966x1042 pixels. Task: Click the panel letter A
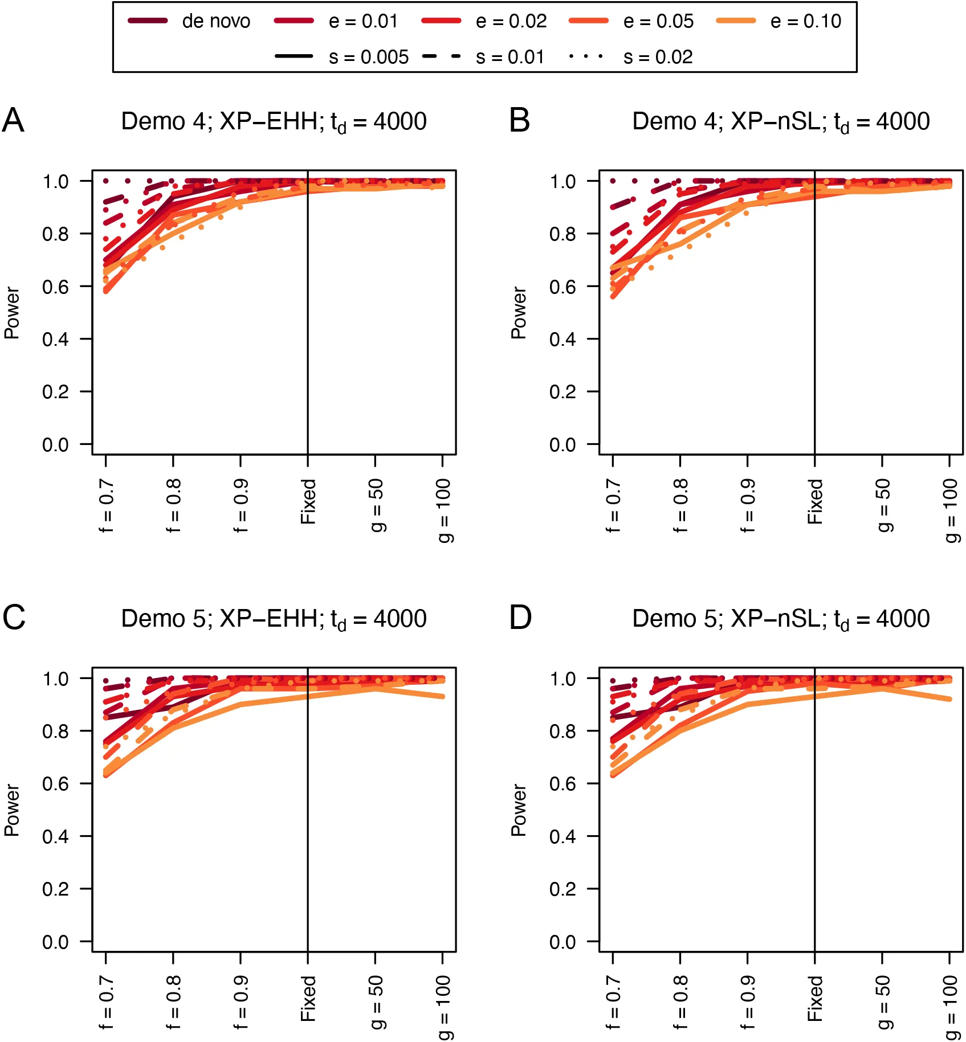(x=13, y=121)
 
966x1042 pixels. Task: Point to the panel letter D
(x=520, y=618)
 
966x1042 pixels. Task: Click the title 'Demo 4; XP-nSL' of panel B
(x=781, y=122)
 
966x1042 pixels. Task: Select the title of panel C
(x=274, y=619)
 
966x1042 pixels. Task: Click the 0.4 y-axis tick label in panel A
(x=55, y=340)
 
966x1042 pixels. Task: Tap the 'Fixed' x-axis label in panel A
(x=308, y=501)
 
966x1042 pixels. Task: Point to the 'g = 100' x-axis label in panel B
(x=949, y=510)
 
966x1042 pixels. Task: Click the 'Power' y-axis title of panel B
(x=519, y=313)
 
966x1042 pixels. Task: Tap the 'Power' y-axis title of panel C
(x=12, y=810)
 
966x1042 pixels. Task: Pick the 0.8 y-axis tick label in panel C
(x=55, y=732)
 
